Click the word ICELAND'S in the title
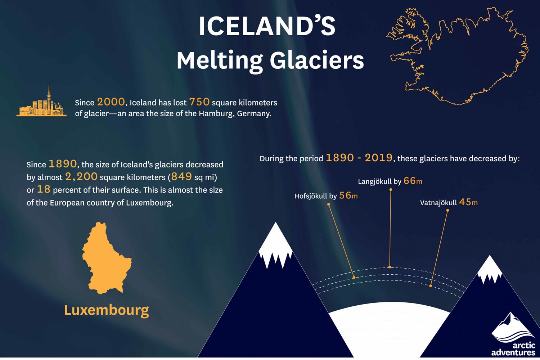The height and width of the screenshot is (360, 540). (x=267, y=26)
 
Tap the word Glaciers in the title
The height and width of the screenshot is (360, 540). (x=317, y=60)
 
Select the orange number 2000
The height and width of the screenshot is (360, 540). (x=111, y=102)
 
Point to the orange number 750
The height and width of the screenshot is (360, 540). (x=199, y=102)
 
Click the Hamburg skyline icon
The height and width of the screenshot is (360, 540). (x=41, y=103)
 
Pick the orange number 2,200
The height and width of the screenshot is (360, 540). (x=81, y=177)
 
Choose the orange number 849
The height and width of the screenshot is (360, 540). (x=181, y=177)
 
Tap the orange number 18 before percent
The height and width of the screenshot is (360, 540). (x=44, y=189)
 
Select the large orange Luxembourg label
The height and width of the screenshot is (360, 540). (x=106, y=310)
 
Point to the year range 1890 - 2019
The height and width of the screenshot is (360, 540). (x=359, y=158)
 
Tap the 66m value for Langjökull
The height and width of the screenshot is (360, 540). (x=413, y=181)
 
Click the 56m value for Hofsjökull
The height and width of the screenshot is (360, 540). (x=348, y=196)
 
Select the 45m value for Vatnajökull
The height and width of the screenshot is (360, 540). (x=468, y=202)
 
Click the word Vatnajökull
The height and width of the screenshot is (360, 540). (x=438, y=203)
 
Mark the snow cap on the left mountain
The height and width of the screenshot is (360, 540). (x=275, y=245)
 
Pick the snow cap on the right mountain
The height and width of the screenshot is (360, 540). (x=490, y=269)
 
